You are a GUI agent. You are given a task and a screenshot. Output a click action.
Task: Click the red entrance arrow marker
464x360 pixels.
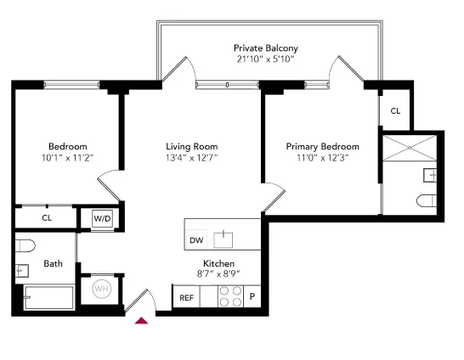coord(142,320)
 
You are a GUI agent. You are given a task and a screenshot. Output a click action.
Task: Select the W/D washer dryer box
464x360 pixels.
coord(103,218)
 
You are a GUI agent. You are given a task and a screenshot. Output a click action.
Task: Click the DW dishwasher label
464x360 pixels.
coord(195,239)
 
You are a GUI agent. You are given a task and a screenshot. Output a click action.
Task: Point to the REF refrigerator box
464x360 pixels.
coord(186,297)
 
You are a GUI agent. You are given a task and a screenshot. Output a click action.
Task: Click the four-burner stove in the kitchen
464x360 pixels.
coord(230,295)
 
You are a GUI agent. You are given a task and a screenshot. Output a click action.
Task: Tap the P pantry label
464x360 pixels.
coord(252,297)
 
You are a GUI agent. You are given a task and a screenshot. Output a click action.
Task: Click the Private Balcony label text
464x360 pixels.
coord(266,48)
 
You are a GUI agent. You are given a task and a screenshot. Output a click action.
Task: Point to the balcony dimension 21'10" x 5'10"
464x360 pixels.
coord(266,60)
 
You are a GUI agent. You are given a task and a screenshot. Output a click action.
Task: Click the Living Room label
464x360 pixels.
coord(192,146)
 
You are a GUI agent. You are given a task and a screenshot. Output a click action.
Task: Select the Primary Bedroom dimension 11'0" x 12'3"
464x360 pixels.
coord(322,158)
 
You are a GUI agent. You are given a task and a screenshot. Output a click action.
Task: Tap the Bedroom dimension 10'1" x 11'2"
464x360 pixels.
coord(67,158)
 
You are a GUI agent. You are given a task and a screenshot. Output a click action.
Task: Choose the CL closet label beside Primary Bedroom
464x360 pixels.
coord(395,111)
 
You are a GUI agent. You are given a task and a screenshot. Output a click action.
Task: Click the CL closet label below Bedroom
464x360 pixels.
coord(47,218)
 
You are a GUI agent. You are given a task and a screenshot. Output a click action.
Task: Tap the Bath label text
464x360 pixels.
coord(54,263)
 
